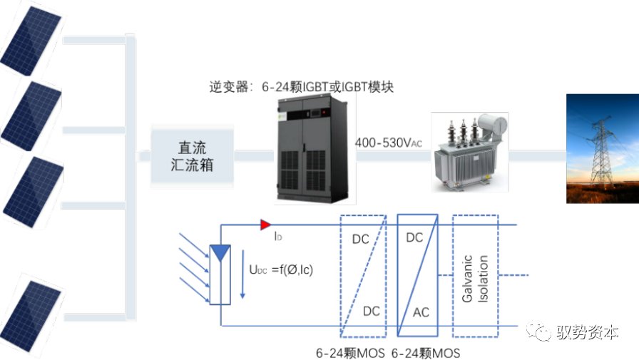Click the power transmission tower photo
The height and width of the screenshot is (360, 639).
[602, 148]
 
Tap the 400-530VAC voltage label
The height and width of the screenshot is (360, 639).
[389, 143]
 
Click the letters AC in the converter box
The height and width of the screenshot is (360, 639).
[421, 313]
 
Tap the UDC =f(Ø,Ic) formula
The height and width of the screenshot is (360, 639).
[281, 270]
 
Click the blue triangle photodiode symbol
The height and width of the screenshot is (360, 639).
[220, 252]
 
